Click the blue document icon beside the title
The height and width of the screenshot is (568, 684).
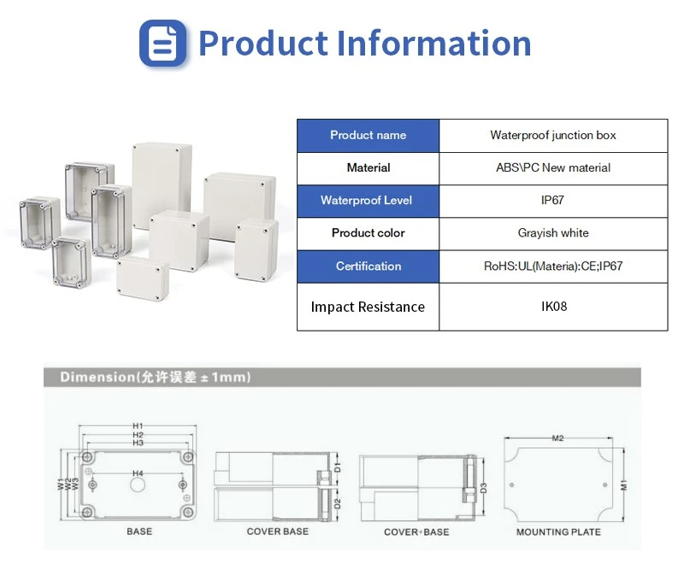[162, 43]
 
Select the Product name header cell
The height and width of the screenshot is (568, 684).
[369, 136]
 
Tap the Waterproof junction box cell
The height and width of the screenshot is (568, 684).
[553, 136]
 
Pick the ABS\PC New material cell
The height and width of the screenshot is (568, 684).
[553, 168]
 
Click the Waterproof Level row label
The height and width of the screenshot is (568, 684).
[367, 201]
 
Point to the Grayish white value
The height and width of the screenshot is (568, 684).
[553, 233]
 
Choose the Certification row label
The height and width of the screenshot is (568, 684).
[369, 266]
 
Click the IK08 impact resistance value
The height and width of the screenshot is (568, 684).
[554, 307]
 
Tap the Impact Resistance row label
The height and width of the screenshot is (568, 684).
[368, 307]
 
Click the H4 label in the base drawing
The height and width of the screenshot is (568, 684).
[138, 473]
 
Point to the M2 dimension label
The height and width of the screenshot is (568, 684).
[558, 438]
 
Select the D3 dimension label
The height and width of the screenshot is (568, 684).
[483, 489]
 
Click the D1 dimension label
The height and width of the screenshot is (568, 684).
[337, 468]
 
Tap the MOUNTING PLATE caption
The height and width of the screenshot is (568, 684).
[558, 532]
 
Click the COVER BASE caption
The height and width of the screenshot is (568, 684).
[277, 531]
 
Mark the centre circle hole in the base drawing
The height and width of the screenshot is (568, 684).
[138, 485]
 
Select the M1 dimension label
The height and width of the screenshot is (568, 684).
[624, 485]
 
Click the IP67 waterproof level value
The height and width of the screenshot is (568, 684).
[552, 201]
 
